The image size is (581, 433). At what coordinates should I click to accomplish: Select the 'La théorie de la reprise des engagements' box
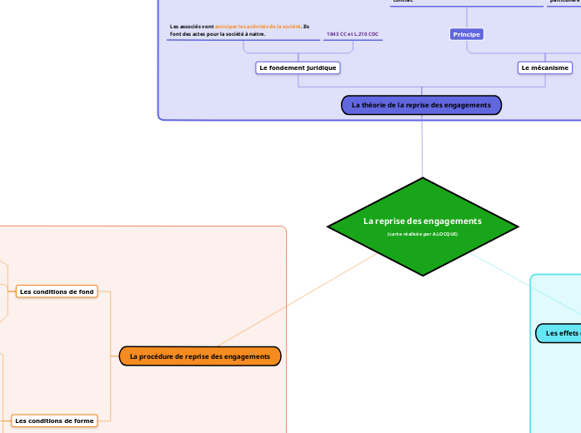(x=421, y=105)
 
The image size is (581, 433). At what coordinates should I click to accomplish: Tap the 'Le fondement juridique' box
(x=298, y=67)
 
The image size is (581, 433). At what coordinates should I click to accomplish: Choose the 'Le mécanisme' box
(x=545, y=67)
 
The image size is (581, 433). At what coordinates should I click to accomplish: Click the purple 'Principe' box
(x=467, y=34)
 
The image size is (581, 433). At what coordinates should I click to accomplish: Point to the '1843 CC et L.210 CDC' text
(x=353, y=34)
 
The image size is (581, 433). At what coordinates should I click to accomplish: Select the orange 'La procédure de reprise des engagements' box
(x=200, y=356)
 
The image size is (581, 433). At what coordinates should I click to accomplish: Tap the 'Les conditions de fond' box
(x=57, y=291)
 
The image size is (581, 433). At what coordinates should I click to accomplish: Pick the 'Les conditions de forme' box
(x=54, y=421)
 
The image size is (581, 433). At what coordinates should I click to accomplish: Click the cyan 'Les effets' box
(x=558, y=333)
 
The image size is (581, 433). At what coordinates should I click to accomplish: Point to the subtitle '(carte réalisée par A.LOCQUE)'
(x=423, y=234)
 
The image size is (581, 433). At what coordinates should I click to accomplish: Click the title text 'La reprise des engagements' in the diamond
(x=423, y=221)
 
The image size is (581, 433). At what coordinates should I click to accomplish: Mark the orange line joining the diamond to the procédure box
(x=296, y=301)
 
